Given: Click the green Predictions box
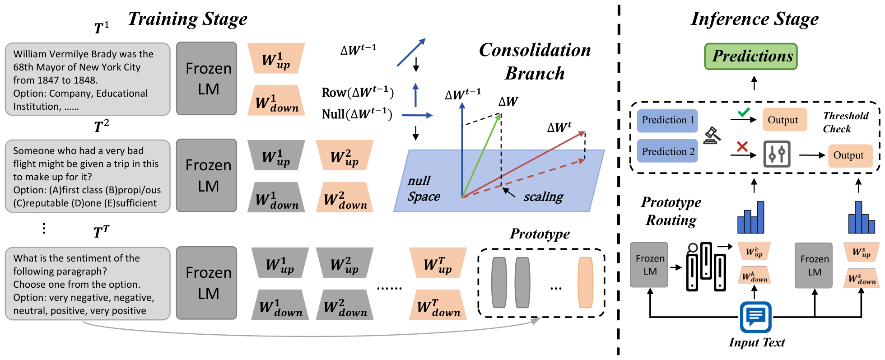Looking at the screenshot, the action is tap(751, 56).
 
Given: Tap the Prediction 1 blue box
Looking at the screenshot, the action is tap(667, 121).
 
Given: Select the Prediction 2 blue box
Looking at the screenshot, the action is tap(667, 151).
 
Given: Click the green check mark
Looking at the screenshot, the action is tap(743, 112).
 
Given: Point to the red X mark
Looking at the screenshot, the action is tap(742, 146).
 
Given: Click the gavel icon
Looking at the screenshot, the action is tap(712, 135).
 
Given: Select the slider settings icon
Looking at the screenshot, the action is tap(777, 154).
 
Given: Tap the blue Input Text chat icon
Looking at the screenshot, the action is tap(755, 317).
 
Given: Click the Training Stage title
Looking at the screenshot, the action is tap(188, 19).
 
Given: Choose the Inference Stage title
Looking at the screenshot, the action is tap(755, 19).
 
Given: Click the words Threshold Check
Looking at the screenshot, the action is tap(845, 122).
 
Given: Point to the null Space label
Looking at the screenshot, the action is tap(424, 188).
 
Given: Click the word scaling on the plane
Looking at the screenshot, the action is tap(543, 197).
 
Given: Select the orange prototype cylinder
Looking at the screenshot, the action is tap(585, 283).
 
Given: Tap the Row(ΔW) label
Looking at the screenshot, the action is tap(358, 93).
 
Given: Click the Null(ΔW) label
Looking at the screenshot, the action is tap(357, 114).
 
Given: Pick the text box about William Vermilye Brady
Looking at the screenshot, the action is tap(88, 79).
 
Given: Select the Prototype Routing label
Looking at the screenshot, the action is tap(671, 211).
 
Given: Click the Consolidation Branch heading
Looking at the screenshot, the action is tap(535, 61).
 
